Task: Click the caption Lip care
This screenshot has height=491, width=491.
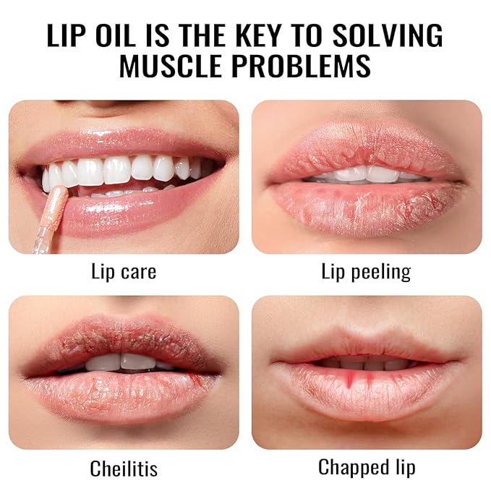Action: coord(124,273)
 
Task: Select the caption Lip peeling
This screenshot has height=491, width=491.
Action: coord(366,273)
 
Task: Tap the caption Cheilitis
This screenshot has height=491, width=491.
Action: coord(124,469)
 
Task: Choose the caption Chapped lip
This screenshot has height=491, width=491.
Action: coord(366,467)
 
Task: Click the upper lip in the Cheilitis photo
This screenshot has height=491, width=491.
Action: coord(123,340)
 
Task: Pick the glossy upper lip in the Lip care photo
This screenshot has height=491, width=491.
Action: coord(123,137)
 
